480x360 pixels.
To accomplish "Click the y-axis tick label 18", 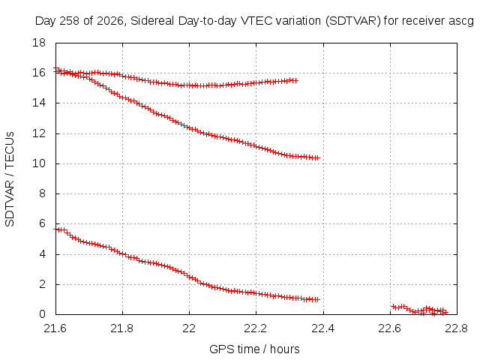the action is [39, 43].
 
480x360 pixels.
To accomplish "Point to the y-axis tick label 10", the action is [39, 163].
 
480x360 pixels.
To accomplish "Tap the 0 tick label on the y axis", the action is [42, 314].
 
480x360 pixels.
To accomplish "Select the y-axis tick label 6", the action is [42, 223].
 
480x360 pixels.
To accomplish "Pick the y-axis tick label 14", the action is [39, 103].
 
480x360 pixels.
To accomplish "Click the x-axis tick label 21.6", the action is [55, 328].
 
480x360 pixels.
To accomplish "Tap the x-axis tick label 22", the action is [189, 328].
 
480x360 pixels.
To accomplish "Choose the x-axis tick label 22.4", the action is [323, 328].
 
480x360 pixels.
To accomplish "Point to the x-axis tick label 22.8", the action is [457, 328].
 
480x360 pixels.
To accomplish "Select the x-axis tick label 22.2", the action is [256, 328].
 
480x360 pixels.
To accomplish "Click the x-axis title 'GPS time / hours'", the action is [254, 349].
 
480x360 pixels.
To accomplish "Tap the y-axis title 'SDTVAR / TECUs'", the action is [10, 179].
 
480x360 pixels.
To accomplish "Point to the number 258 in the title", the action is [69, 21].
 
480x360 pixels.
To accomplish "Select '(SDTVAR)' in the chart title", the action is [353, 21].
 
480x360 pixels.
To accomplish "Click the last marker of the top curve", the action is [295, 80].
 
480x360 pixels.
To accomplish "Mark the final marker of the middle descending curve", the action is [316, 158].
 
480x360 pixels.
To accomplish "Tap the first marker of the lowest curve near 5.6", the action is [56, 229].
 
